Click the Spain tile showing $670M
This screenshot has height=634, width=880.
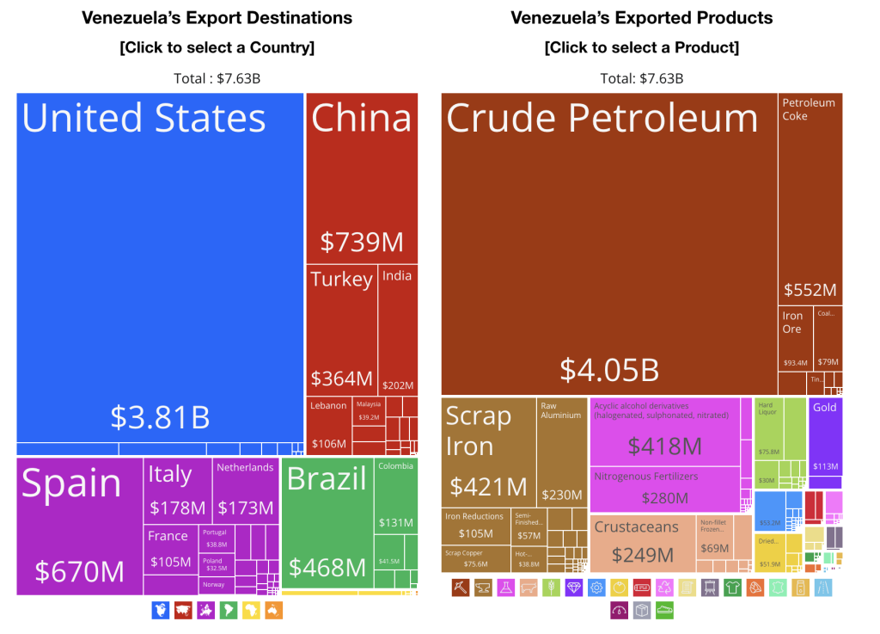pos(79,526)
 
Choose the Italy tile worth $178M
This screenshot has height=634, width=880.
pos(176,490)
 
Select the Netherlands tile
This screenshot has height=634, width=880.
pos(245,490)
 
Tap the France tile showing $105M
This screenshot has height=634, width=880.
pos(170,550)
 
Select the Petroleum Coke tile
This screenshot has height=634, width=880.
pos(810,199)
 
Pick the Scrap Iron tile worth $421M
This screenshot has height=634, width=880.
pos(488,452)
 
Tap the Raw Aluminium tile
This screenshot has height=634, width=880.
pos(562,452)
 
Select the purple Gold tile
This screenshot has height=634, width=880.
pos(825,435)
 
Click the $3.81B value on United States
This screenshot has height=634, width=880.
pos(160,416)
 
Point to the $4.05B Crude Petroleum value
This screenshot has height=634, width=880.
pos(609,369)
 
